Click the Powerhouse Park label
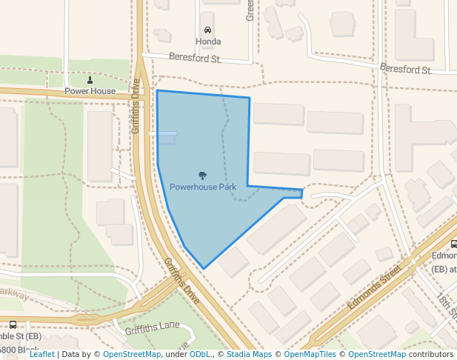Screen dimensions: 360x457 (202, 187)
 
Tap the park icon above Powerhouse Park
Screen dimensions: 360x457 (202, 176)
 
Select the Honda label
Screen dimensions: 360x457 (207, 41)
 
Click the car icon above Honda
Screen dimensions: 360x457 (207, 30)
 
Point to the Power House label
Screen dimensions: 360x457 (90, 91)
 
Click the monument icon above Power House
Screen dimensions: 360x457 (90, 80)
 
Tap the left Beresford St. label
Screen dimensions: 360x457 (195, 58)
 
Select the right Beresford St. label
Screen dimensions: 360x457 (405, 70)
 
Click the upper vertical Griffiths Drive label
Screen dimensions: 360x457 (136, 106)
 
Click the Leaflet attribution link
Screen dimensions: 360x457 (42, 354)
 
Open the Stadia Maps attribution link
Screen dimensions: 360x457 (249, 354)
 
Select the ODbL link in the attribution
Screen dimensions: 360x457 (200, 354)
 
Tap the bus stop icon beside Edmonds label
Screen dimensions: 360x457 (453, 244)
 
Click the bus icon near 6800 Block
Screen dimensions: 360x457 (13, 324)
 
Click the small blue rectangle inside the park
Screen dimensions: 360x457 (167, 139)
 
